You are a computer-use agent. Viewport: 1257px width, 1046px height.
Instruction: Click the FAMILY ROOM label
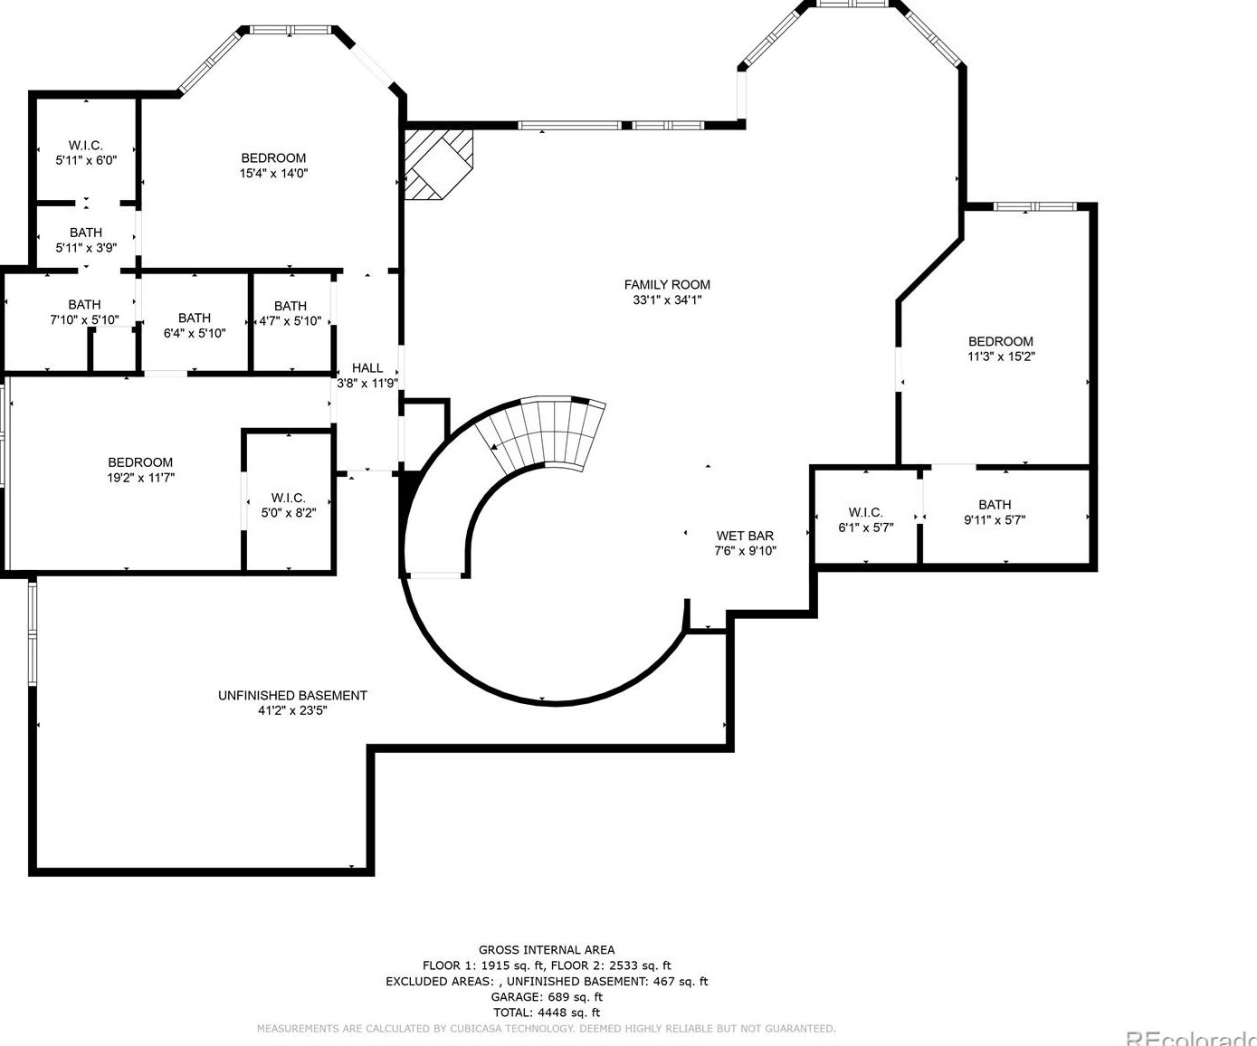pyautogui.click(x=667, y=285)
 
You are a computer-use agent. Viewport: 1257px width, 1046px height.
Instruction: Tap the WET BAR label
pyautogui.click(x=745, y=536)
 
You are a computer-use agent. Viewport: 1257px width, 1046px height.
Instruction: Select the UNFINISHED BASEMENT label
pyautogui.click(x=292, y=695)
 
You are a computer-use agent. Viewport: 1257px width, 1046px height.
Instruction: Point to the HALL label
pyautogui.click(x=367, y=367)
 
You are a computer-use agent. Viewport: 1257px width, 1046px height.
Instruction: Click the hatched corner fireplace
pyautogui.click(x=438, y=164)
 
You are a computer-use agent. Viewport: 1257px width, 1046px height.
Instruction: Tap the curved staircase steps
pyautogui.click(x=542, y=433)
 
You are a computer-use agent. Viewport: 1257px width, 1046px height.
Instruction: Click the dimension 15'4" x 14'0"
pyautogui.click(x=274, y=174)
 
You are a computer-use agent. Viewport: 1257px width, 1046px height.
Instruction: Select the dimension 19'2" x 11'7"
pyautogui.click(x=141, y=478)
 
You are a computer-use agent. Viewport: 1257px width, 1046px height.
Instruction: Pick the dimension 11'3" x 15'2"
pyautogui.click(x=1001, y=357)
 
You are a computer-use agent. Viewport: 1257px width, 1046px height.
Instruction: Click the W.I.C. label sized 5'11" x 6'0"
pyautogui.click(x=86, y=145)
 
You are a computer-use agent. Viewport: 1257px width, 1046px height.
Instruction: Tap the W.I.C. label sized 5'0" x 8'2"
pyautogui.click(x=289, y=498)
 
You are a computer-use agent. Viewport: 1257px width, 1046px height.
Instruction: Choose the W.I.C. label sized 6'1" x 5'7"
pyautogui.click(x=866, y=512)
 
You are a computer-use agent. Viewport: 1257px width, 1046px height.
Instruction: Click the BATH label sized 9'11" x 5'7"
pyautogui.click(x=995, y=504)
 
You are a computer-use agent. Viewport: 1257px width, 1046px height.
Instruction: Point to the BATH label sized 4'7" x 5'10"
pyautogui.click(x=290, y=306)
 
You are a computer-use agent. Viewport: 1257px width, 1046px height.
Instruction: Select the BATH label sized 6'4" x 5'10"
pyautogui.click(x=195, y=318)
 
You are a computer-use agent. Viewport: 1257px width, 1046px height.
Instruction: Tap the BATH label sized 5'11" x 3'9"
pyautogui.click(x=86, y=233)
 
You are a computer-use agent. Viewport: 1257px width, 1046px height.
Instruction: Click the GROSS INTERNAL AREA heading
pyautogui.click(x=547, y=950)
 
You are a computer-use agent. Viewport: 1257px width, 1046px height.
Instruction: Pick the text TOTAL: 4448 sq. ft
pyautogui.click(x=547, y=1013)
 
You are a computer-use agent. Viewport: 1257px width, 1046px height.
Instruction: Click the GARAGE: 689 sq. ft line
pyautogui.click(x=547, y=996)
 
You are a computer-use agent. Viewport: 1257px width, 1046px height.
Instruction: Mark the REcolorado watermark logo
pyautogui.click(x=1191, y=1037)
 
